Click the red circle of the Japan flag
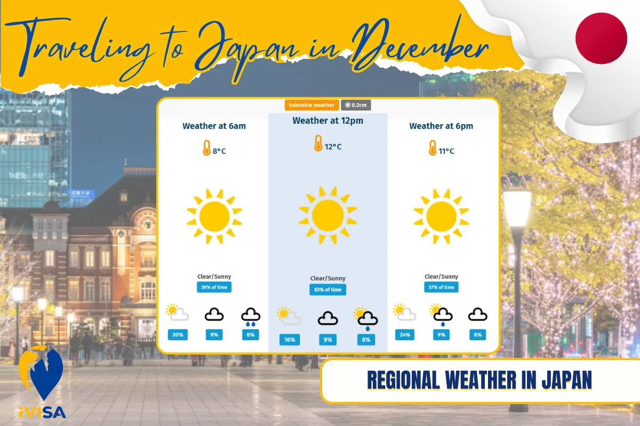601,38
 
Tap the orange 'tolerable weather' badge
312,105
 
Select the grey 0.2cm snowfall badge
356,105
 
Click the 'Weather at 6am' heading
214,126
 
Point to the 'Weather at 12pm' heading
327,121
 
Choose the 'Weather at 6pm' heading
441,126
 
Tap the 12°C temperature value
333,146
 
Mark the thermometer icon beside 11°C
433,148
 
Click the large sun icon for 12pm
327,215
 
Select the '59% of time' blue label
214,288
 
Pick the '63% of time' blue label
327,290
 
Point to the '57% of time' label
442,288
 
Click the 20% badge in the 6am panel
178,335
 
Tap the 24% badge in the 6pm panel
405,335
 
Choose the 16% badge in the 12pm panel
290,340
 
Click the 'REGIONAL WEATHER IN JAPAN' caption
480,380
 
